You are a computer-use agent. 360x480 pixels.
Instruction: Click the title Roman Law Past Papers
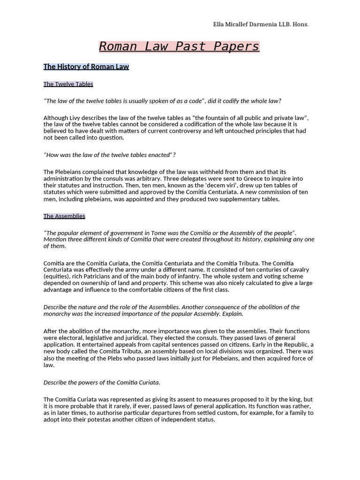179,46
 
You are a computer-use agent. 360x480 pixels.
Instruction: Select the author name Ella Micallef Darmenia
240,24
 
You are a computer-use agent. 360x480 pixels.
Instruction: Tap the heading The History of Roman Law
86,67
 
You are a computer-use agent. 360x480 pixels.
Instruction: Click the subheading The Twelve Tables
68,84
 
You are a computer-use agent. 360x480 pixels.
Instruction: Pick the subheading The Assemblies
64,216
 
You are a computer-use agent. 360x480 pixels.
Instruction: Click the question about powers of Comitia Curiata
102,382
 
